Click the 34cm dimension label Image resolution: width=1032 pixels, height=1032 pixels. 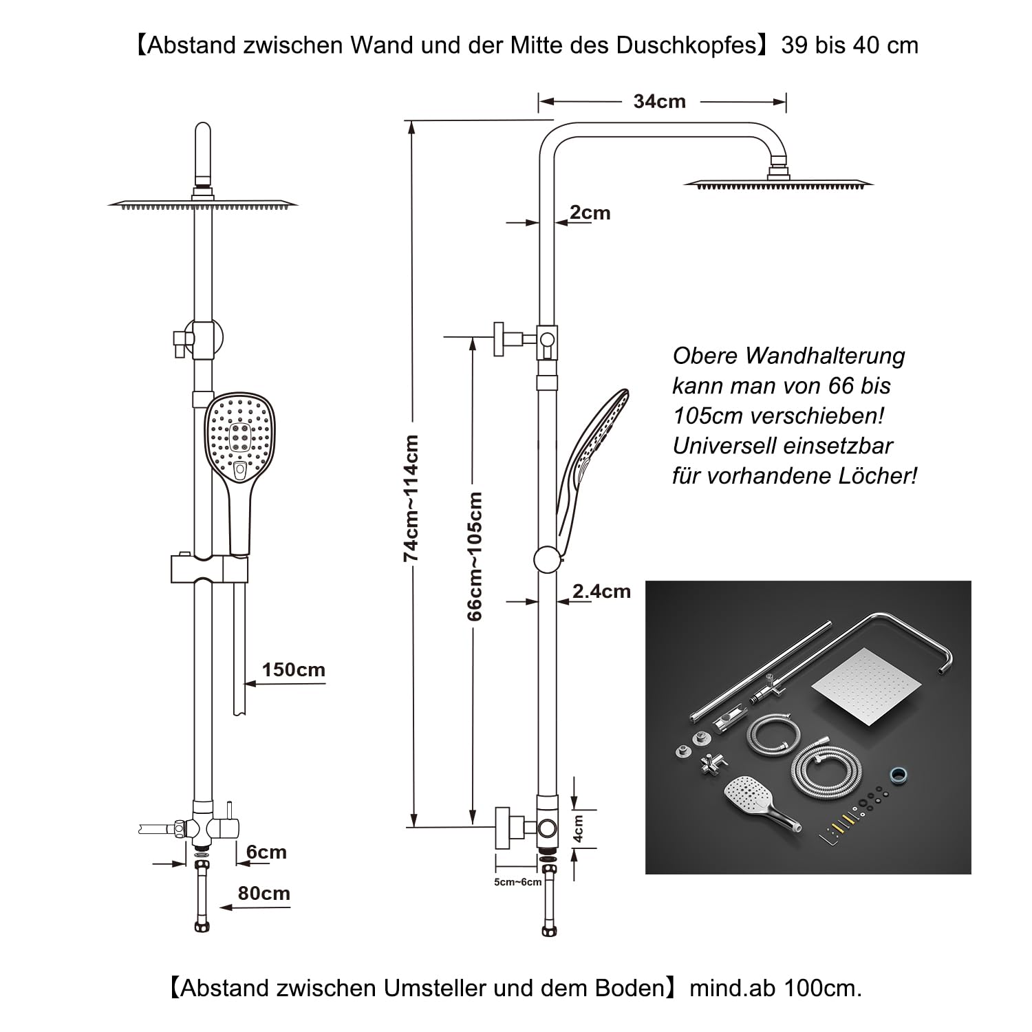coord(659,102)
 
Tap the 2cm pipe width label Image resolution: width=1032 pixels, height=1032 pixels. coord(590,213)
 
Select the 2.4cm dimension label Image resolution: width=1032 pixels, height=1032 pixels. coord(601,592)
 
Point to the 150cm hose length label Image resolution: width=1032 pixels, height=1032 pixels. coord(293,670)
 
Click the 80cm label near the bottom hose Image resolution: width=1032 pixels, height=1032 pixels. coord(264,894)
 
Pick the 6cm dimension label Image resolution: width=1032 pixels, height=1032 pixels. coord(266,852)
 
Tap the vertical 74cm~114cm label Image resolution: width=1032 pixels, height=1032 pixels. coord(411,498)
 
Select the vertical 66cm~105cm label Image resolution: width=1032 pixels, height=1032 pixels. coord(475,556)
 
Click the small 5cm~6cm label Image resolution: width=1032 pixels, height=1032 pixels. coord(517,882)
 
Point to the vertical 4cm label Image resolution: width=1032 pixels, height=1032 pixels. coord(579,829)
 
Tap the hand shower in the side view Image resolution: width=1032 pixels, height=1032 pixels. coord(592,454)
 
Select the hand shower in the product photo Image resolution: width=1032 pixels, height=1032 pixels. coord(757,802)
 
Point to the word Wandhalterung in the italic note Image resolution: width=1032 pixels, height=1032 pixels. coord(826,356)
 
